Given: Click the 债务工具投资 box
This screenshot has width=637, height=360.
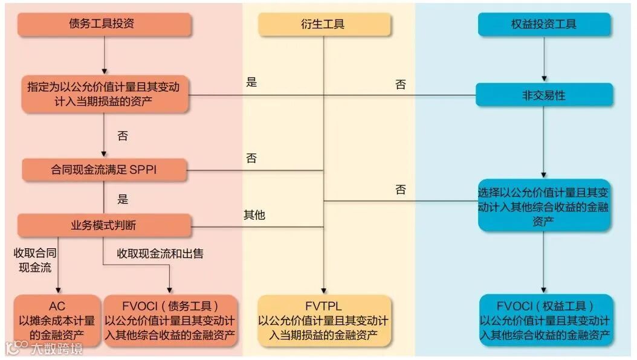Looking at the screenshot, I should tap(104, 24).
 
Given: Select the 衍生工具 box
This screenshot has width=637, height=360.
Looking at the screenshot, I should tap(325, 25).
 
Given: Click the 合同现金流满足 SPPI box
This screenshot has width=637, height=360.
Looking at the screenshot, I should tap(104, 170).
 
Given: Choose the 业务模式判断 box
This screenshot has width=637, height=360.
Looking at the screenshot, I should tap(104, 225).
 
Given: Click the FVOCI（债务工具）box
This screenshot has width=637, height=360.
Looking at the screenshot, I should tap(170, 320).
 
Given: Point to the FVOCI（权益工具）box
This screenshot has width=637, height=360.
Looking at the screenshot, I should tap(545, 320).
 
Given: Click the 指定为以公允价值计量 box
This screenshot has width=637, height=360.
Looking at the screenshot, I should tap(104, 94).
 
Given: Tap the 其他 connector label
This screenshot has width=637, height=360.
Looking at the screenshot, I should tap(254, 214).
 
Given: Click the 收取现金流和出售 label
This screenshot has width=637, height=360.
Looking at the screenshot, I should tap(160, 253).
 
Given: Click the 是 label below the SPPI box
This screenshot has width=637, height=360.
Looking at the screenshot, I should tap(123, 199).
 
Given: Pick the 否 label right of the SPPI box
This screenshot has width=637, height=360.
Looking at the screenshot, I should tap(251, 159).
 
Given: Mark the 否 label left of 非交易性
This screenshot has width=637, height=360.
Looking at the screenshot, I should tap(401, 85).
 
